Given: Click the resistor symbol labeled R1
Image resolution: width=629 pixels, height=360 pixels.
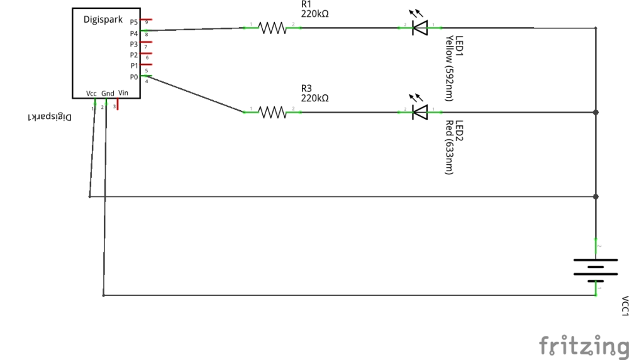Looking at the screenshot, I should pyautogui.click(x=272, y=28).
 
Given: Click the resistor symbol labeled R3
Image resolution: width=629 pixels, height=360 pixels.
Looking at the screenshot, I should pyautogui.click(x=272, y=113).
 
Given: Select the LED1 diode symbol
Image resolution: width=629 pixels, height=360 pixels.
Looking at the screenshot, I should pyautogui.click(x=419, y=28).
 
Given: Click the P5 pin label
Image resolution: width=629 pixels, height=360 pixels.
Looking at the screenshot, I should pyautogui.click(x=134, y=22).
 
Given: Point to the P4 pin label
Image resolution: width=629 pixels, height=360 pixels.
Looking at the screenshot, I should pyautogui.click(x=134, y=33).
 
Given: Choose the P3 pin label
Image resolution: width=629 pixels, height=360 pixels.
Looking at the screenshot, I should pyautogui.click(x=134, y=44).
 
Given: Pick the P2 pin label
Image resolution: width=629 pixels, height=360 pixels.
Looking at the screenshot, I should pyautogui.click(x=134, y=55).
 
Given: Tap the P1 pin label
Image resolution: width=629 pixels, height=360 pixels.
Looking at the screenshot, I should pyautogui.click(x=134, y=65).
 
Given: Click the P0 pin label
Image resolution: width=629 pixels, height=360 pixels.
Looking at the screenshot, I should pyautogui.click(x=134, y=77).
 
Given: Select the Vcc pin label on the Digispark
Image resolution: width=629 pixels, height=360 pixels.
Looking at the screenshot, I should pyautogui.click(x=92, y=94).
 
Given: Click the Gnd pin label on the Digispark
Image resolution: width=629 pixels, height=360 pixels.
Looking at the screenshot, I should pyautogui.click(x=108, y=94).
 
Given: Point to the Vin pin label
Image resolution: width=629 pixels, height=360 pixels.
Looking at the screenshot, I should pyautogui.click(x=123, y=93).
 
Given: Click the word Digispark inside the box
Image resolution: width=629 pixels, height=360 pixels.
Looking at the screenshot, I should pyautogui.click(x=103, y=20).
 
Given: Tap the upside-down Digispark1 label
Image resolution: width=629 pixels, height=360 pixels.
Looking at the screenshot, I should pyautogui.click(x=50, y=117).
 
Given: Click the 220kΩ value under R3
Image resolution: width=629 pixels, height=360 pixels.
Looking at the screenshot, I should pyautogui.click(x=315, y=99).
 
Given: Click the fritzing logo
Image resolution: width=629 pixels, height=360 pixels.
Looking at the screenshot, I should pyautogui.click(x=584, y=345).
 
